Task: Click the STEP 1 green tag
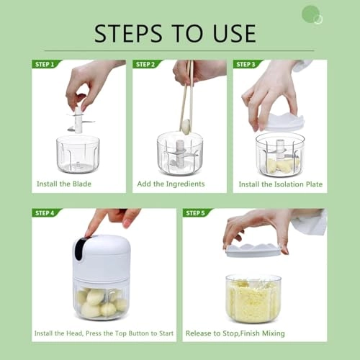tap(45, 64)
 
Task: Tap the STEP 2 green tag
tap(145, 64)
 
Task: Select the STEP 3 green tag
tap(246, 64)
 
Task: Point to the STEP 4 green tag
tap(45, 213)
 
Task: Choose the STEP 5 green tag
tap(196, 213)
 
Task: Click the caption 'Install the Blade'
tap(64, 184)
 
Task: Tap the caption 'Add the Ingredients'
tap(171, 184)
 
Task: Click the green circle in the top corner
tap(310, 14)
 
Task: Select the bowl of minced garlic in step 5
tap(253, 298)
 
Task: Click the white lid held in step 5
tap(253, 249)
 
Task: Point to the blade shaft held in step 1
tap(78, 119)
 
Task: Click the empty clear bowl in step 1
tap(77, 155)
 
